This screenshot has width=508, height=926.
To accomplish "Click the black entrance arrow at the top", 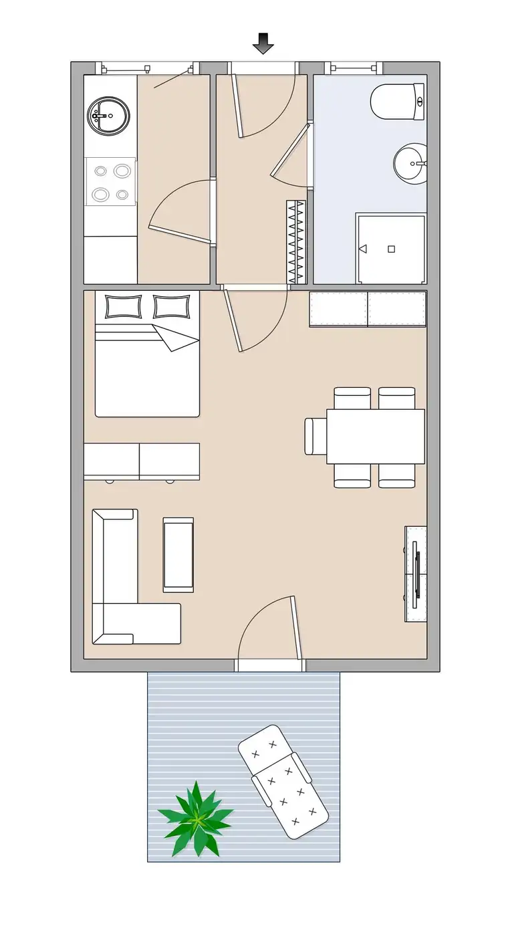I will coord(263,43).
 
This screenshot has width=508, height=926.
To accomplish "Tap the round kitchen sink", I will coord(107,116).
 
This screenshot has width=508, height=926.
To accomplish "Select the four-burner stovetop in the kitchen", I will coord(110,182).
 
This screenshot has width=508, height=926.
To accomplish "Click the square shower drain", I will coord(392,249).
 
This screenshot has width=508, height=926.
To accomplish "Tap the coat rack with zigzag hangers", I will coord(295,241).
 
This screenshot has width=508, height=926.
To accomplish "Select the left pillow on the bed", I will coord(123,306).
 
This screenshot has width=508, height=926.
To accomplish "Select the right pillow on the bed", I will coord(171,306).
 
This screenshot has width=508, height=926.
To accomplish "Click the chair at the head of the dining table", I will coord(315,436).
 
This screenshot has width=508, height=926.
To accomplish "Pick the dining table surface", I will coord(376,437).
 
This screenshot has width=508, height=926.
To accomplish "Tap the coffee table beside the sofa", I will coord(178,554).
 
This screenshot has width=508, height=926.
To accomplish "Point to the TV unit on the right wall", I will coord(416,574).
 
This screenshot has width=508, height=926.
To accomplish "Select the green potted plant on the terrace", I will coord(196,817).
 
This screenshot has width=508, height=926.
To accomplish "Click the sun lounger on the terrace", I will coord(283,780).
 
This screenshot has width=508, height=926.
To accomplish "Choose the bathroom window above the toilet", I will coord(353,68).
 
